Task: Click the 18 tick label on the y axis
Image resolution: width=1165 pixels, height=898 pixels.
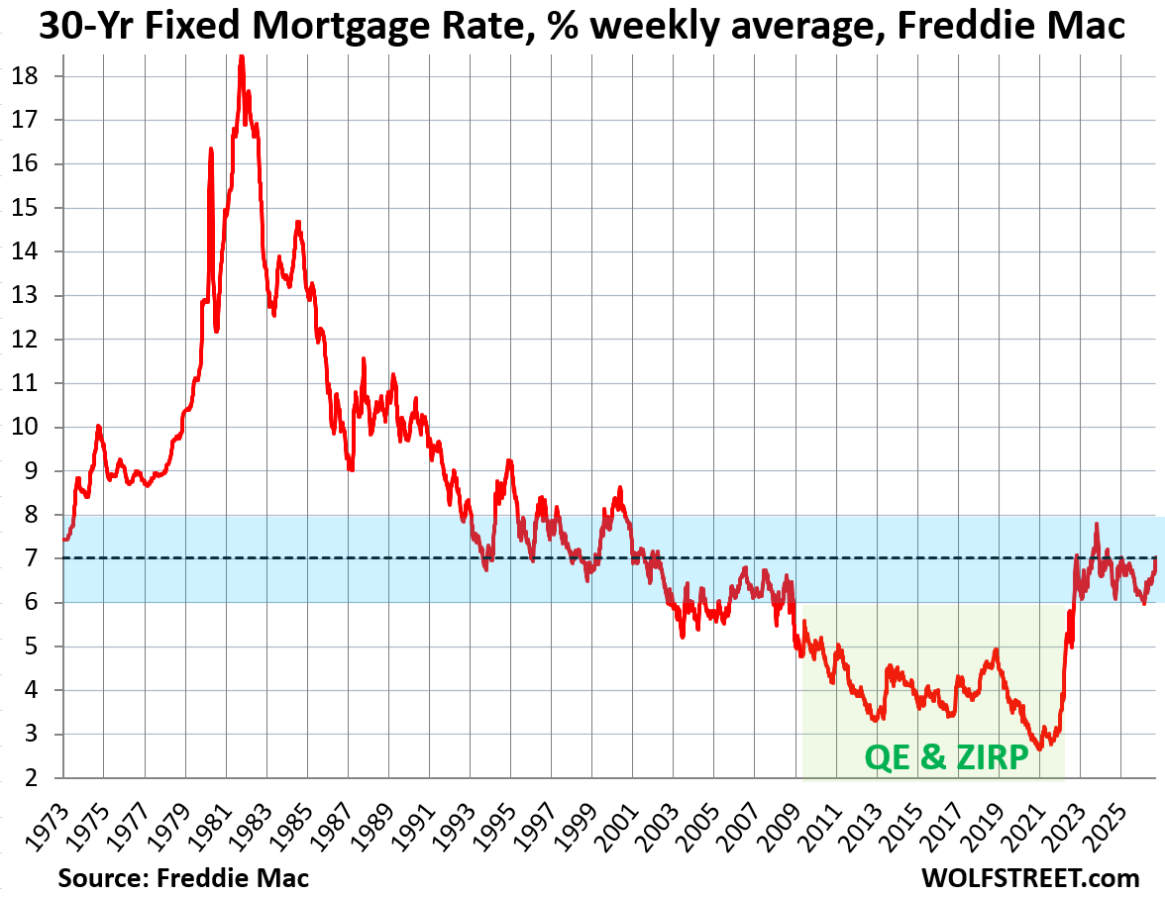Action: tap(25, 76)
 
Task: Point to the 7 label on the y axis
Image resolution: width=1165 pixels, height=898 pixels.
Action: tap(31, 558)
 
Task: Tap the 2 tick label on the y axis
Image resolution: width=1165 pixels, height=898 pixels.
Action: tap(31, 778)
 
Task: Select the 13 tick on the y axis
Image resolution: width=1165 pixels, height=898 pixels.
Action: tap(25, 296)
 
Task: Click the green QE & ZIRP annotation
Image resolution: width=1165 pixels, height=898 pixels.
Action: tap(946, 757)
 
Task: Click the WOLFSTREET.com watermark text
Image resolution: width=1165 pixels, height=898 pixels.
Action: tap(1030, 877)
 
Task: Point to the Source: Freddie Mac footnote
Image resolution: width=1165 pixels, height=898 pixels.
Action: tap(183, 877)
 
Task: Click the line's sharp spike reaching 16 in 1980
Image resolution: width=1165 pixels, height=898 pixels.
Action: tap(211, 150)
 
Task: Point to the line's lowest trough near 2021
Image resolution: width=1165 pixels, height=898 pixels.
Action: tap(1039, 748)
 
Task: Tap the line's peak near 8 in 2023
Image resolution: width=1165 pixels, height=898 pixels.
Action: tap(1097, 525)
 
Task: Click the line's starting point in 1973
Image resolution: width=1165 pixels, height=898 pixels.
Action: tap(63, 540)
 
